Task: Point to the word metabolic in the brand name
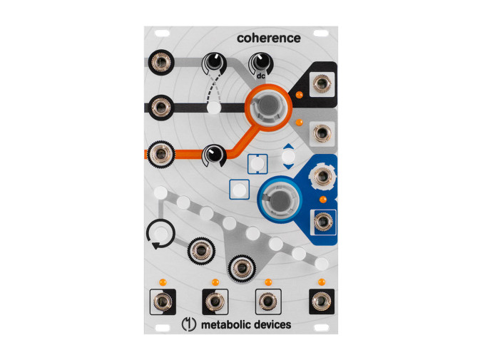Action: tap(224, 325)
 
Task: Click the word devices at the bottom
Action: tap(272, 325)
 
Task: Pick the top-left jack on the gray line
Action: tap(160, 62)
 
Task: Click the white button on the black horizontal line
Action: tap(213, 109)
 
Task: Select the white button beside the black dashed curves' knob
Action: tap(213, 109)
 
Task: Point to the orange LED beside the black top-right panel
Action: tap(302, 94)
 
